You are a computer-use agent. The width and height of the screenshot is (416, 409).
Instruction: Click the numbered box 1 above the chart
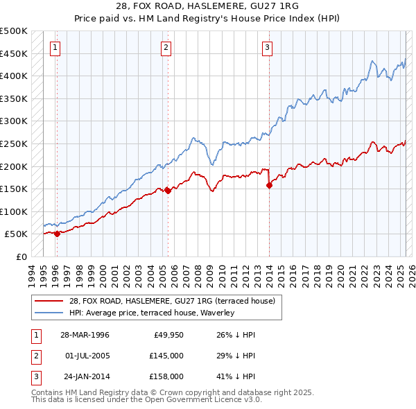[55, 48]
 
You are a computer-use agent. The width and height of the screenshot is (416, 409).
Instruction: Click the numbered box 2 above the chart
[166, 48]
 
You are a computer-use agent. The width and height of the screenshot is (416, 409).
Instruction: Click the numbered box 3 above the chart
[268, 48]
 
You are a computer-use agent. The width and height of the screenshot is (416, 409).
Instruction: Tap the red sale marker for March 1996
[57, 234]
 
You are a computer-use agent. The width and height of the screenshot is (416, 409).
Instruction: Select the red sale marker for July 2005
[168, 191]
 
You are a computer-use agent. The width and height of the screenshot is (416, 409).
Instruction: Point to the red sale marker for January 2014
[269, 184]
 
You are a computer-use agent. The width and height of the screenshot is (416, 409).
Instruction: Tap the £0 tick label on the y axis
[21, 256]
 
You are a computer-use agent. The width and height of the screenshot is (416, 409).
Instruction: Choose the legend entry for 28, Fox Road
[172, 301]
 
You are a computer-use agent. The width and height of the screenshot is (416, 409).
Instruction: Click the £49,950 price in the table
[167, 335]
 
